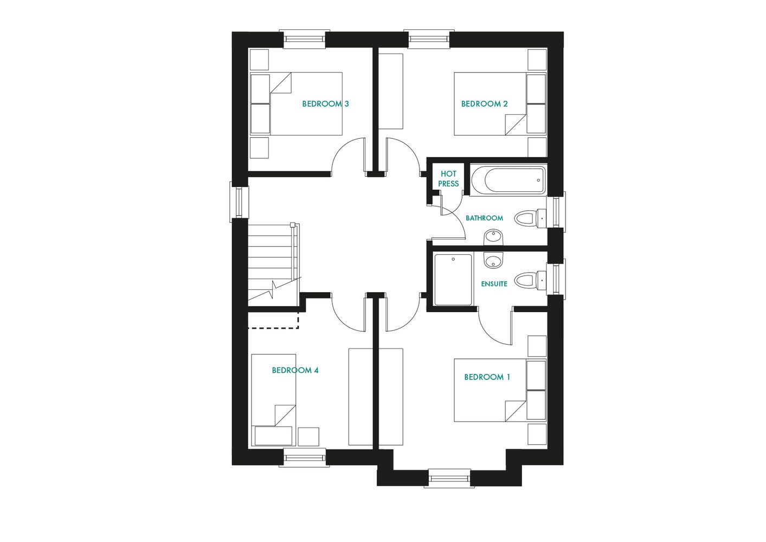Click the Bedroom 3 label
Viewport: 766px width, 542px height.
pos(325,104)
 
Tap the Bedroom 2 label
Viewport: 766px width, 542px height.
pos(484,104)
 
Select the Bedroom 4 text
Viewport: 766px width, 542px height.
pos(295,370)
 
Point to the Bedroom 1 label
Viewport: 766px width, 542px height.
pos(487,377)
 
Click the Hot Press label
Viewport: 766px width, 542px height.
pos(448,178)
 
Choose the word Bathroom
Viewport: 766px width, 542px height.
pos(484,218)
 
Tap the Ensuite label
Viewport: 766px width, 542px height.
pos(494,283)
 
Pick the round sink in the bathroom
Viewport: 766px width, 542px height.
pos(493,237)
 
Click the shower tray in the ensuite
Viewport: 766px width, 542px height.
pos(453,280)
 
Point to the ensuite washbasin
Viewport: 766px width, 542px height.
pos(493,261)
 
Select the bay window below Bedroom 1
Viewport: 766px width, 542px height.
pos(448,478)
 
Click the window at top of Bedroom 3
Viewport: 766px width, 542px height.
pos(304,39)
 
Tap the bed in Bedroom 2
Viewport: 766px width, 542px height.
pos(499,104)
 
